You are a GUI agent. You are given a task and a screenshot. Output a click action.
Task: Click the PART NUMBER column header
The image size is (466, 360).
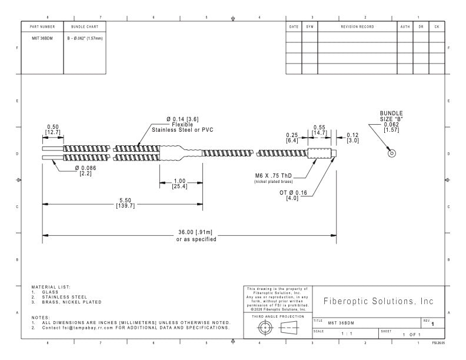pos(42,26)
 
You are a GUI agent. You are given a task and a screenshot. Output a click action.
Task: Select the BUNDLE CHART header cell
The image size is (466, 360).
pos(85,26)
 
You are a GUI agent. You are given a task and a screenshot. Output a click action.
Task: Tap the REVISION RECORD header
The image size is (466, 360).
pos(358,26)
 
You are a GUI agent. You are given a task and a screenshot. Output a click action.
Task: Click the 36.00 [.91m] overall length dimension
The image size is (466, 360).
pos(195,232)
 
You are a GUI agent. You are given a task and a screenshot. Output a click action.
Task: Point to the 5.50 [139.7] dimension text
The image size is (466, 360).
pos(125,203)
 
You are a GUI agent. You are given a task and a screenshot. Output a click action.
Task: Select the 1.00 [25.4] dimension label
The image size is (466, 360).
pos(180,184)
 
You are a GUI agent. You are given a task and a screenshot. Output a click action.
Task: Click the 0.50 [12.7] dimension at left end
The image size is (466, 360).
pos(53,130)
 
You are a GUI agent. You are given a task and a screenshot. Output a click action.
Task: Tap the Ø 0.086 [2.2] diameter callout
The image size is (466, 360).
pos(85,171)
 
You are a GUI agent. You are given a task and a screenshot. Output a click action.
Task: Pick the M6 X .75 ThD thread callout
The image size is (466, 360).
pos(274,176)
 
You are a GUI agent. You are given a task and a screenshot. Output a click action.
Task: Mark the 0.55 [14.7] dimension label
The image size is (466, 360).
pos(319,130)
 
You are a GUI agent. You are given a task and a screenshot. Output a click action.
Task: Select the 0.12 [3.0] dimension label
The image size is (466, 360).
pos(353,138)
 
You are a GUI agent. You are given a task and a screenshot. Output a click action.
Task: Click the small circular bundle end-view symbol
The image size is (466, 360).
pos(392,154)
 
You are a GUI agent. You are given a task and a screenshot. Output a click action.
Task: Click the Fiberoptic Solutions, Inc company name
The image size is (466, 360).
pos(378,301)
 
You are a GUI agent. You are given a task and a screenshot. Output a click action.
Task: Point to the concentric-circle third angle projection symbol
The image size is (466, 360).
pos(264,328)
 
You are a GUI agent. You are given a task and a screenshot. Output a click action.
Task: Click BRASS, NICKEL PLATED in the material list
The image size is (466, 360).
pos(72,302)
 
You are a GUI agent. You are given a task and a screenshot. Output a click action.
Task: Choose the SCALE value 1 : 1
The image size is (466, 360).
pos(347,334)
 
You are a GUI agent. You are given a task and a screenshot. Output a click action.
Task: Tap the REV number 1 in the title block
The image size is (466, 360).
pos(432,324)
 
